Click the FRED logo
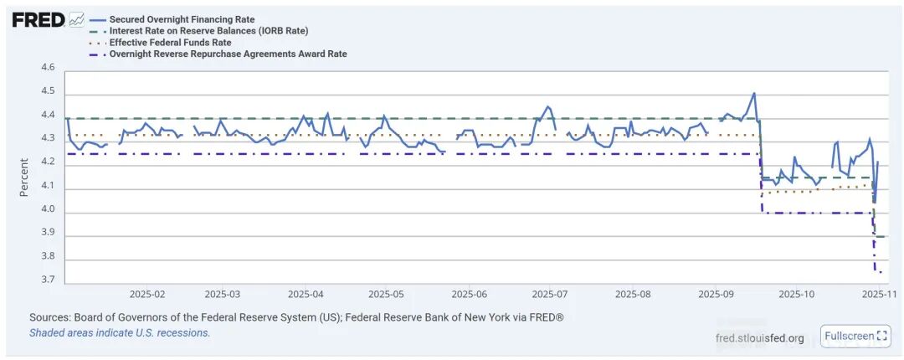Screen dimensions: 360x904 [39, 20]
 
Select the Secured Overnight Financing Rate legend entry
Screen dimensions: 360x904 [182, 19]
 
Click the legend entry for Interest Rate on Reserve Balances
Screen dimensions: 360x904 [208, 31]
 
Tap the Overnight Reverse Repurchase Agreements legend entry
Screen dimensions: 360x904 [228, 54]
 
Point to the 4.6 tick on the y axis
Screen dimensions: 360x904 [48, 68]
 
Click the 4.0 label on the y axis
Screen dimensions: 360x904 [48, 210]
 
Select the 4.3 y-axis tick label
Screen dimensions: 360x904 [48, 139]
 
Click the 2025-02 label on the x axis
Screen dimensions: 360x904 [147, 295]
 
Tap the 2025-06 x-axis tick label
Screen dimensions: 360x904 [470, 295]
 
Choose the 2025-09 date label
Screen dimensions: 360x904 [716, 295]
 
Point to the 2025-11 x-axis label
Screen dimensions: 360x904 [880, 295]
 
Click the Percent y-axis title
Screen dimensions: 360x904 [24, 177]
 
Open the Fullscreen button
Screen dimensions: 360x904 [855, 337]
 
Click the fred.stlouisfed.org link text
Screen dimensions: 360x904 [760, 338]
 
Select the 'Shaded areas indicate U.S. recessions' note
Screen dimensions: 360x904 [120, 333]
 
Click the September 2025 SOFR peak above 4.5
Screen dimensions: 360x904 [754, 93]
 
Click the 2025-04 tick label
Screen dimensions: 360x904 [306, 295]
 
